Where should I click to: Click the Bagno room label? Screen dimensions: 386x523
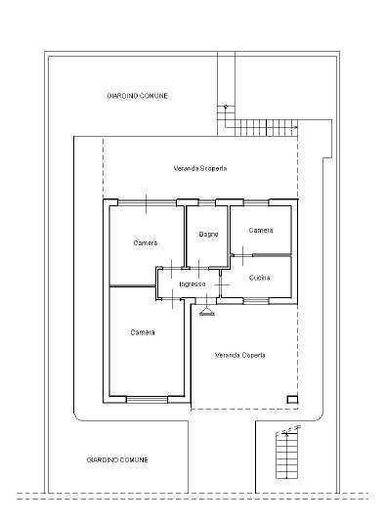(x=208, y=235)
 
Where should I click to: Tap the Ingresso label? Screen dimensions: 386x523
(x=193, y=284)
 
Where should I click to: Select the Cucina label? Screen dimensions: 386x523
(x=259, y=278)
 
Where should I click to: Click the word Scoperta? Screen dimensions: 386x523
(x=214, y=168)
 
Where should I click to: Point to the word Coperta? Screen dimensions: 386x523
(x=253, y=355)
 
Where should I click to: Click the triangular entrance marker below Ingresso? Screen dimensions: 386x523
(x=207, y=312)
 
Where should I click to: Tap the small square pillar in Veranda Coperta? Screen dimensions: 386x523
(x=292, y=399)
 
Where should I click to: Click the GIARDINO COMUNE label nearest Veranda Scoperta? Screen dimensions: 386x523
(x=138, y=96)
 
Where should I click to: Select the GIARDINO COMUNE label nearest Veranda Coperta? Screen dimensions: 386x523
(x=117, y=460)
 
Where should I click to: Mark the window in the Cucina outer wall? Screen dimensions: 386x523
(x=256, y=301)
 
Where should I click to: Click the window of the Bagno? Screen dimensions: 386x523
(x=207, y=202)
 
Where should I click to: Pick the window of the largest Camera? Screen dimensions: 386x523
(x=147, y=400)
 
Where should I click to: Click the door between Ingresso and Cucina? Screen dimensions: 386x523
(x=222, y=284)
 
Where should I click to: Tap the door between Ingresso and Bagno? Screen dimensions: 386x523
(x=199, y=269)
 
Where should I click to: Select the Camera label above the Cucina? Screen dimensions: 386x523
(x=261, y=231)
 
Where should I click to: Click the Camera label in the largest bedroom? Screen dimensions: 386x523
(x=143, y=332)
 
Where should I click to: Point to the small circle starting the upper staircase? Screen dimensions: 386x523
(x=226, y=107)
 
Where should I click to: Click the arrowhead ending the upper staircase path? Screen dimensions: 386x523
(x=295, y=127)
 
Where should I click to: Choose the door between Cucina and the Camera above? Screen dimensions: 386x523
(x=242, y=255)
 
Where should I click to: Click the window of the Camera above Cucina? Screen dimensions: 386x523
(x=256, y=202)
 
